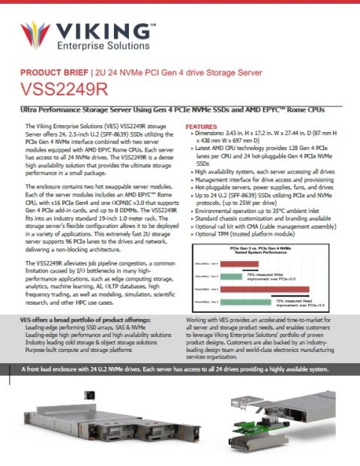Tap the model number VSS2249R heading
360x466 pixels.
pyautogui.click(x=64, y=89)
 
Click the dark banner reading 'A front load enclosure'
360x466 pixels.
pyautogui.click(x=179, y=368)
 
